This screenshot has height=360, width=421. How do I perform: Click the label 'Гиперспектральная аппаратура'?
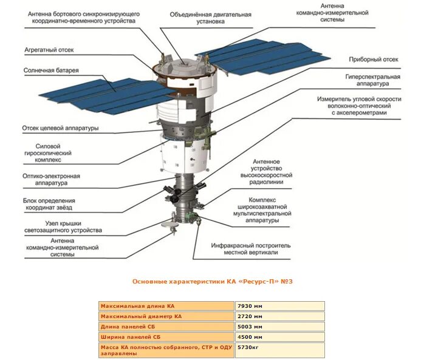click(x=372, y=81)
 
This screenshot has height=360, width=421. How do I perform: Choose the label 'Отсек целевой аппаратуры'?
click(x=60, y=128)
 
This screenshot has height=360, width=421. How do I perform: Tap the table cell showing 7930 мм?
click(x=250, y=306)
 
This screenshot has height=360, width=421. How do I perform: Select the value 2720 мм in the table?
click(x=250, y=316)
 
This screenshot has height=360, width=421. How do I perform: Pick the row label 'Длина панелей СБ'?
click(x=127, y=327)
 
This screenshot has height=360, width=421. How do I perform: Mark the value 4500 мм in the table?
click(x=250, y=336)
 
